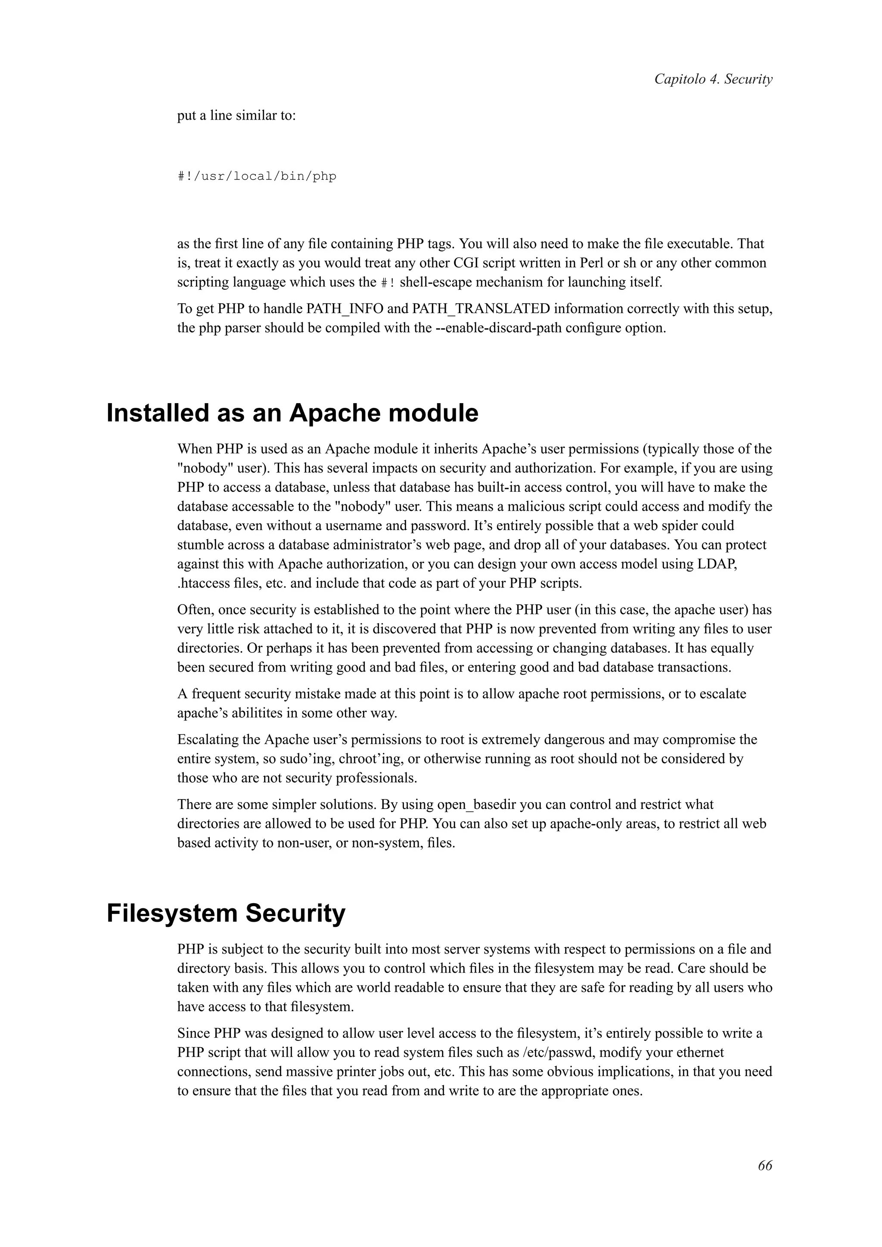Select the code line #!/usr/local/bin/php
[257, 176]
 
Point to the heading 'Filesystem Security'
[226, 913]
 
